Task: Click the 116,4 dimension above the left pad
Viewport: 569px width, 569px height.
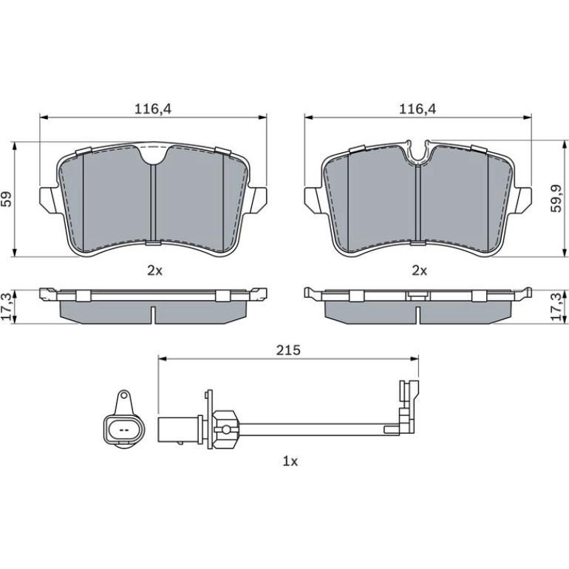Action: tap(152, 109)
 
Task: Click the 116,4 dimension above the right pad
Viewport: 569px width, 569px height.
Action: tap(418, 109)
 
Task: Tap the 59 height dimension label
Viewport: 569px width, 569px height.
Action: tap(7, 199)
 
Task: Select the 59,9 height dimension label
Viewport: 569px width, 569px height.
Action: tap(556, 198)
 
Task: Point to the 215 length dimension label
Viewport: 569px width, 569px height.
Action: tap(288, 350)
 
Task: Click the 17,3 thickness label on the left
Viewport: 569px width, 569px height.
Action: tap(7, 307)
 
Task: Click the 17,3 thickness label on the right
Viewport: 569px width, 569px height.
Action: tap(556, 307)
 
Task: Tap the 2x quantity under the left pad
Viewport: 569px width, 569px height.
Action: tap(155, 270)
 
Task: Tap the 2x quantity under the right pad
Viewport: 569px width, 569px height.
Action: tap(420, 270)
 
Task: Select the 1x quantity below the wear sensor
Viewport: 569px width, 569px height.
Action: tap(290, 461)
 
